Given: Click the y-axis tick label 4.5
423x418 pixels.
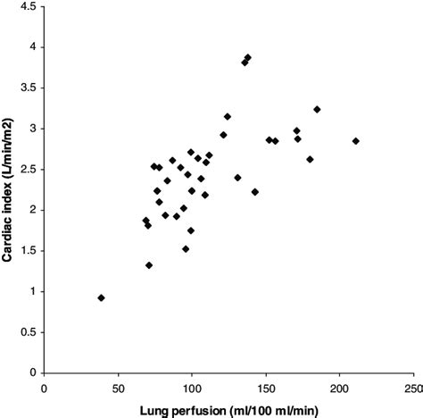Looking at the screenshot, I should (x=28, y=6).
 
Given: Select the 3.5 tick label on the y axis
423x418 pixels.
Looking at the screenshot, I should (x=28, y=88).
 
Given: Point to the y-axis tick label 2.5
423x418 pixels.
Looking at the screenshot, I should (x=28, y=169).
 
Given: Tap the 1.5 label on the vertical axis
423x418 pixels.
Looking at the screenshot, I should (x=28, y=251).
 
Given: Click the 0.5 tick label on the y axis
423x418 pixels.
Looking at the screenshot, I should (x=28, y=332).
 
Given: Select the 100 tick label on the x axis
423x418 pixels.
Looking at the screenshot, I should (x=191, y=389).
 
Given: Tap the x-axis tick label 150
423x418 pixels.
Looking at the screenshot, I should (x=265, y=389).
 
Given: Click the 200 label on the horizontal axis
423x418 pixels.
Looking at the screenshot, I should (x=339, y=389).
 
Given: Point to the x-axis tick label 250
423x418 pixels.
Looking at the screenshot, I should (x=412, y=389).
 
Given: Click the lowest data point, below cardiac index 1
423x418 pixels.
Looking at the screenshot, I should (x=101, y=297).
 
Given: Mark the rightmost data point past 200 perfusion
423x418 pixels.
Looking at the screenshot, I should (x=355, y=141).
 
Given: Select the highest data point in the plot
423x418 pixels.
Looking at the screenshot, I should (x=247, y=58).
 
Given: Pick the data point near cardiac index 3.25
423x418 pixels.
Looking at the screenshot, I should (x=317, y=109).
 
